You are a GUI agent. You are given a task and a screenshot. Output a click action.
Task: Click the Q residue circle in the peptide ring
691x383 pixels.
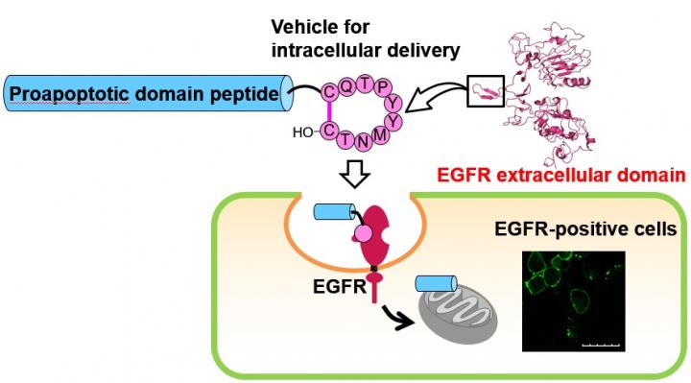(x=347, y=86)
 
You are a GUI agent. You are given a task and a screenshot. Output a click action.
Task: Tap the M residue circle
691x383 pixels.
(x=380, y=134)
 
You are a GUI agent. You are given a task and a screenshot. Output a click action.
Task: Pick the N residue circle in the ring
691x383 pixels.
(x=363, y=141)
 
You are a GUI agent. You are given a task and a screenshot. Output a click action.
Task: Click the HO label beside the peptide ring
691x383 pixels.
(x=302, y=132)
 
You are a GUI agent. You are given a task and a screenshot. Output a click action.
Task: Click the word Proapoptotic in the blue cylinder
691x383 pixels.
(x=69, y=94)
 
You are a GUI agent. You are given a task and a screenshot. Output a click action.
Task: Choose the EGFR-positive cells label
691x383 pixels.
(x=585, y=229)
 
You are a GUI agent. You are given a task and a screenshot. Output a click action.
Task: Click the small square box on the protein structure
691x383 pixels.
(x=486, y=91)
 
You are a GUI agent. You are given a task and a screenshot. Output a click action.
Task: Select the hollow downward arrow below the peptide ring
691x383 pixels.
(x=355, y=174)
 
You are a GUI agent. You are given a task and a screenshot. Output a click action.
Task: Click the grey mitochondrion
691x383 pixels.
(x=457, y=316)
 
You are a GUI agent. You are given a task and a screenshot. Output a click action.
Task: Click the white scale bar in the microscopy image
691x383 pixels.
(x=601, y=345)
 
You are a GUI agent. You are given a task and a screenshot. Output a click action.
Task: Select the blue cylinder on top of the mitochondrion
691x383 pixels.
(x=436, y=284)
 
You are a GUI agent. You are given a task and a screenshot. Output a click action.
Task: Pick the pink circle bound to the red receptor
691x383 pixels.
(x=363, y=233)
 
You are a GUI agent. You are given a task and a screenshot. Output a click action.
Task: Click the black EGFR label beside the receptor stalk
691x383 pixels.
(x=340, y=286)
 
